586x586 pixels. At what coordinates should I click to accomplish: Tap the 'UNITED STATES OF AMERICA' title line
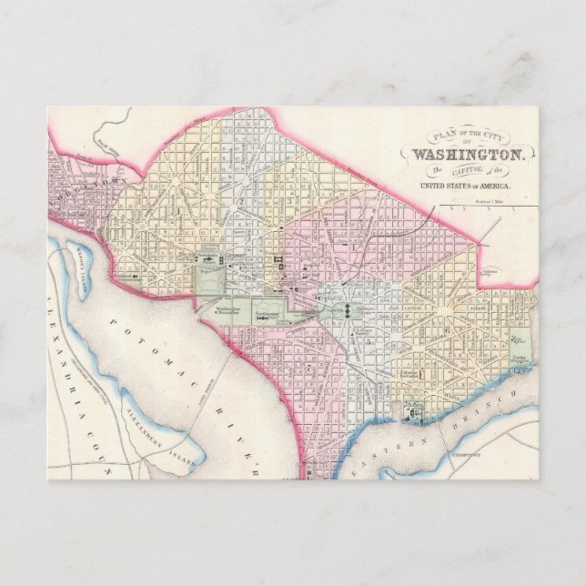(x=464, y=186)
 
